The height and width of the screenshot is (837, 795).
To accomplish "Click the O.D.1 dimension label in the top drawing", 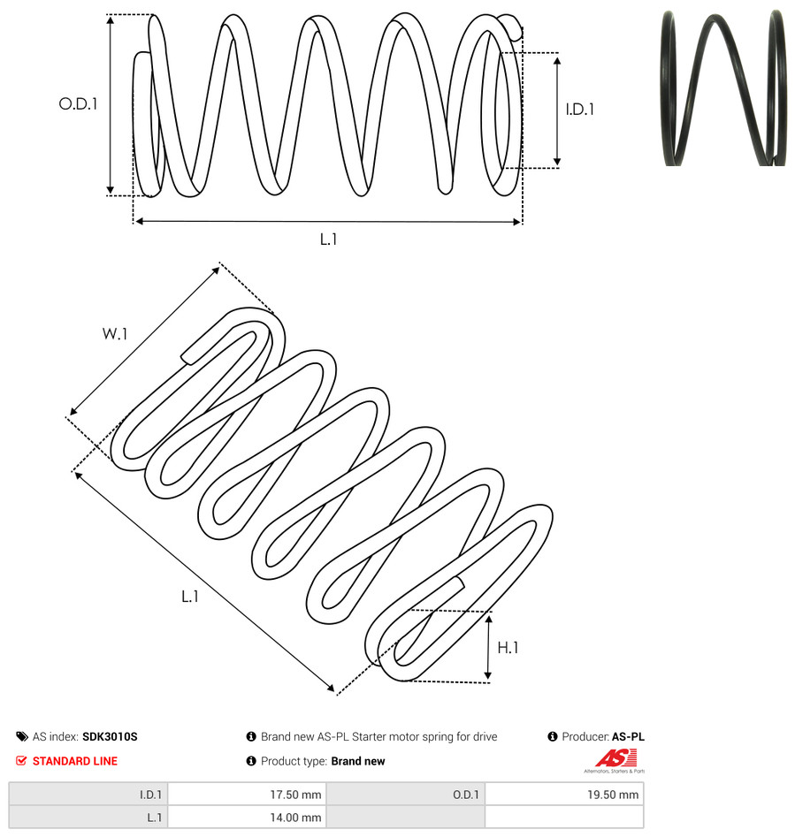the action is [78, 103].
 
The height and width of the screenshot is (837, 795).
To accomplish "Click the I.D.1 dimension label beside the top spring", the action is [580, 110].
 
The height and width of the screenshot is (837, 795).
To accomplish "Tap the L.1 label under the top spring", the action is [328, 240].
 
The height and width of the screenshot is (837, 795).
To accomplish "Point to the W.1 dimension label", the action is [115, 334].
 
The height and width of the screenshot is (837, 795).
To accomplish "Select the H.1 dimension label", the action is [508, 648].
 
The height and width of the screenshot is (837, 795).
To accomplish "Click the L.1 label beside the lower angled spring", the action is [190, 597].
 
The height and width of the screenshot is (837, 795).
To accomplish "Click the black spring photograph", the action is [723, 88].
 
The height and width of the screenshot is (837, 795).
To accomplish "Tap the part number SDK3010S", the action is [110, 736].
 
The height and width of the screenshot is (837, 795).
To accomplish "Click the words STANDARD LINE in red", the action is [75, 761].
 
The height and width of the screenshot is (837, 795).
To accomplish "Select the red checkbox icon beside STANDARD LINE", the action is [21, 761].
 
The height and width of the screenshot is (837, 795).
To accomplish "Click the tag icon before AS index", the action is [22, 736].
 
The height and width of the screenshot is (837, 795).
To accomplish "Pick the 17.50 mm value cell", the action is [247, 795].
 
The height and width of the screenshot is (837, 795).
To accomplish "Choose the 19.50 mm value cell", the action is [564, 795].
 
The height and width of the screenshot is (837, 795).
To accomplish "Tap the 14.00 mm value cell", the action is [247, 818].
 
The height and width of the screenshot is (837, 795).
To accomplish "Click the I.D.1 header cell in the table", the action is [88, 795].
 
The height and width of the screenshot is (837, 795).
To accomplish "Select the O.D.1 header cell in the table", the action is [405, 795].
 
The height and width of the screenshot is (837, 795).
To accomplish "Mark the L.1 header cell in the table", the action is [88, 818].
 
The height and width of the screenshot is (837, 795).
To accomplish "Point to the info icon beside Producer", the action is [553, 736].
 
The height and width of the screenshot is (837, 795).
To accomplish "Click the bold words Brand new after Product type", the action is [358, 761].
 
